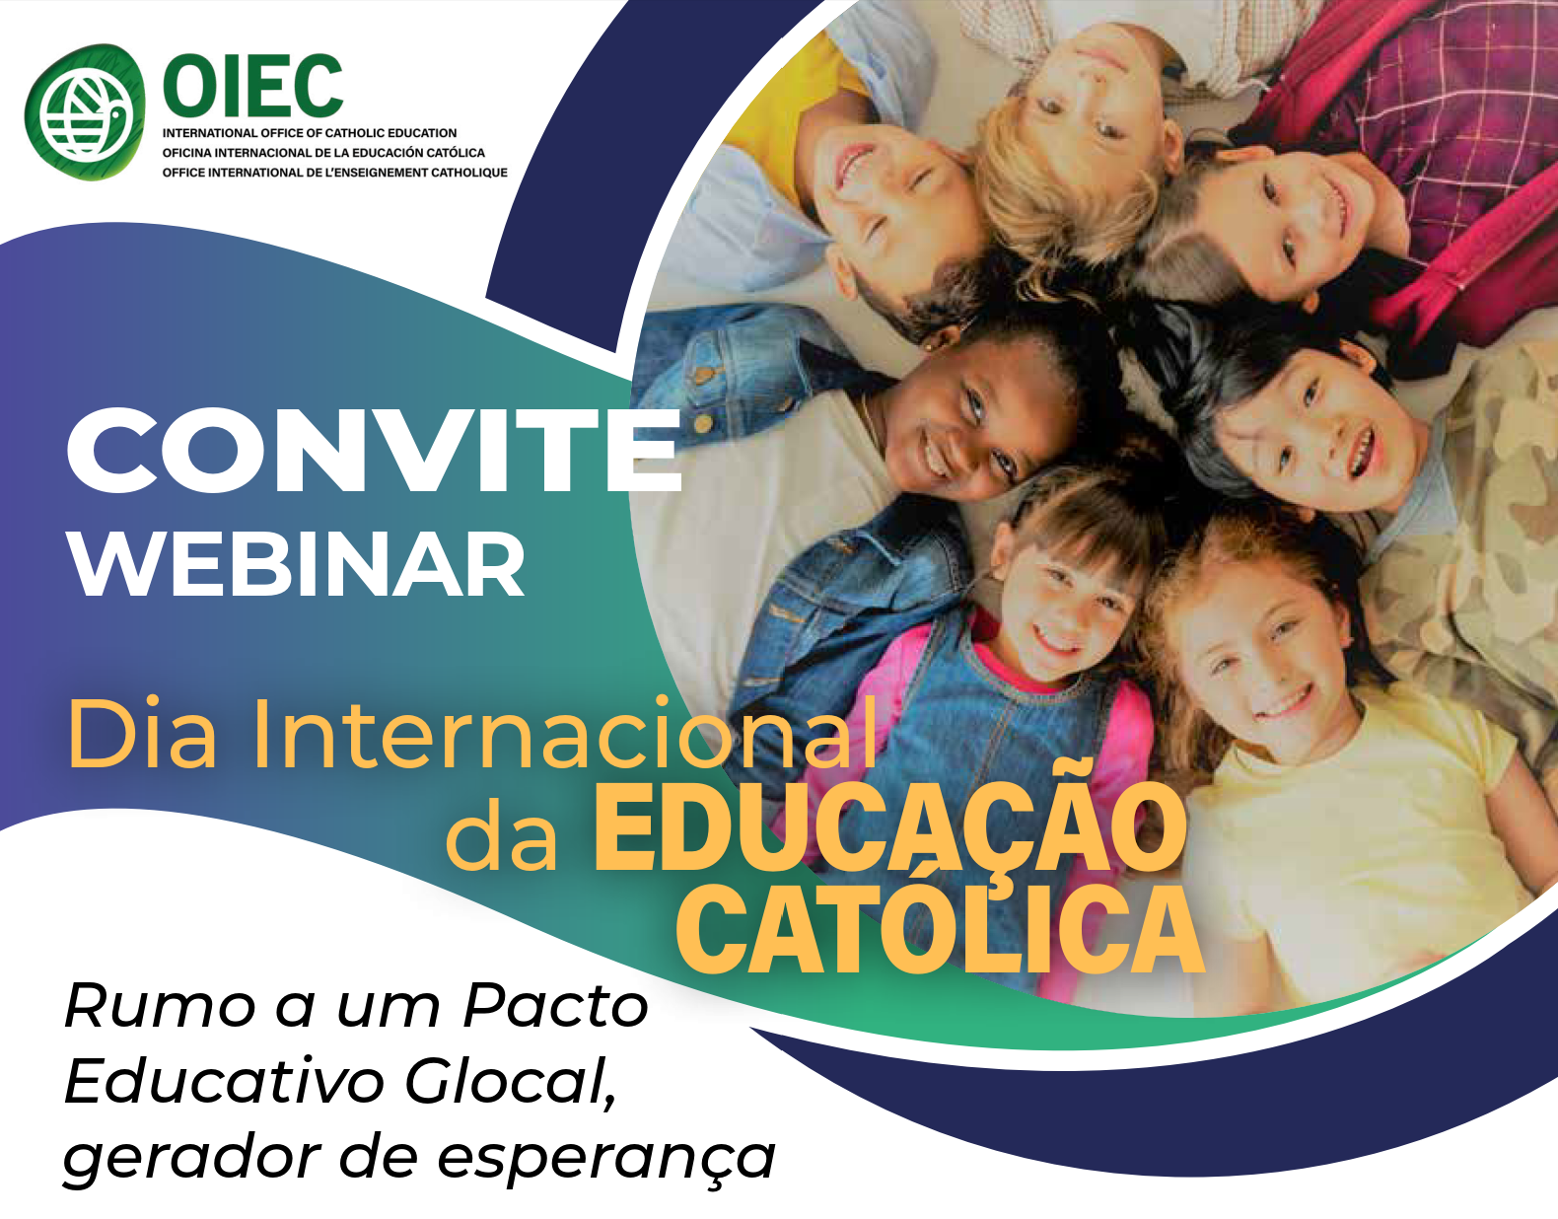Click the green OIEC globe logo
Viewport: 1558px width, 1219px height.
pyautogui.click(x=85, y=111)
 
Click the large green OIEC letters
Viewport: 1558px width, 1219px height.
pyautogui.click(x=253, y=87)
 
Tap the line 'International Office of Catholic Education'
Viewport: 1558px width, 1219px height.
pyautogui.click(x=310, y=133)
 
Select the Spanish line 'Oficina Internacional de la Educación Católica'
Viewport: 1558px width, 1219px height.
pyautogui.click(x=323, y=153)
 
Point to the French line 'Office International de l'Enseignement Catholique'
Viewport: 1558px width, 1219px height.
pyautogui.click(x=335, y=173)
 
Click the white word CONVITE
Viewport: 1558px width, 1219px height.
pyautogui.click(x=374, y=451)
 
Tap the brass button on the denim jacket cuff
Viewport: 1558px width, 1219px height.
pyautogui.click(x=703, y=424)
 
